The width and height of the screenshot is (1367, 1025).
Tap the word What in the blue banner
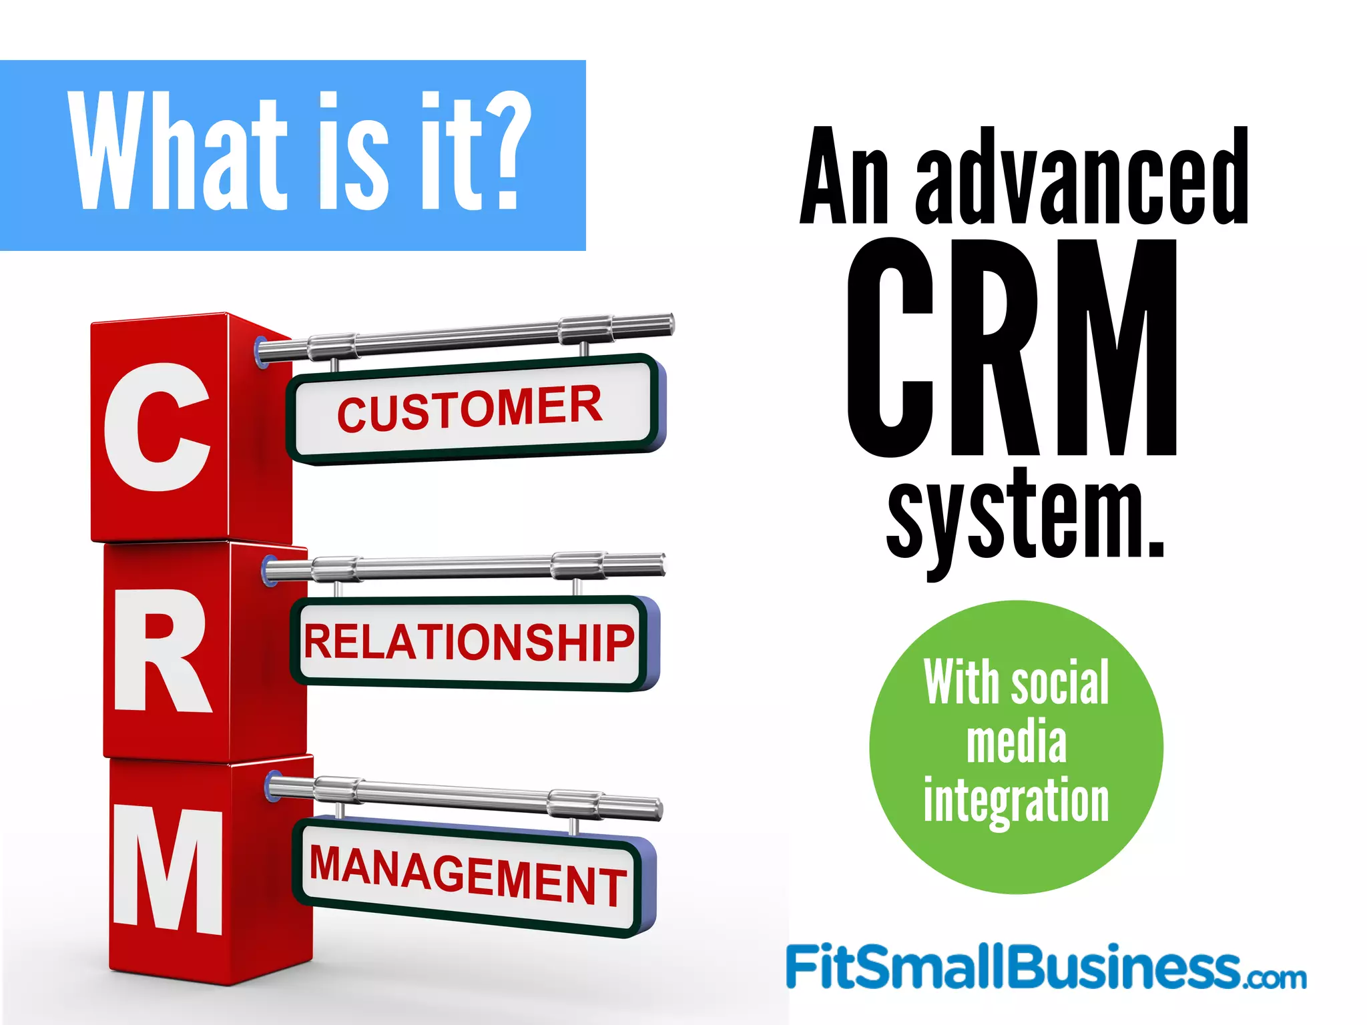pyautogui.click(x=177, y=152)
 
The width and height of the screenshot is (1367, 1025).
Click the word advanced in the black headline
pyautogui.click(x=1081, y=177)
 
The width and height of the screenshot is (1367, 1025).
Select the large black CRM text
pyautogui.click(x=1012, y=348)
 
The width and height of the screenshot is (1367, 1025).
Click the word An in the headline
pyautogui.click(x=845, y=177)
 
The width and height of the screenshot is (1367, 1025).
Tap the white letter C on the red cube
pyautogui.click(x=158, y=427)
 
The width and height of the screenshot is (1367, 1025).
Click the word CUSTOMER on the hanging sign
pyautogui.click(x=469, y=408)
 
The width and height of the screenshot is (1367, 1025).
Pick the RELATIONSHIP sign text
pyautogui.click(x=469, y=642)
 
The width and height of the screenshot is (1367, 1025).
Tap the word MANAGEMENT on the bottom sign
pyautogui.click(x=467, y=876)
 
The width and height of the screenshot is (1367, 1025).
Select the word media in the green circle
pyautogui.click(x=1017, y=742)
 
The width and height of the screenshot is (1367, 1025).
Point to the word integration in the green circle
pyautogui.click(x=1016, y=801)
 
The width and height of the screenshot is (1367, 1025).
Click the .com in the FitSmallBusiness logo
pyautogui.click(x=1275, y=978)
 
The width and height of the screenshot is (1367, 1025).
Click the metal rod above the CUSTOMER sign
pyautogui.click(x=467, y=338)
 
